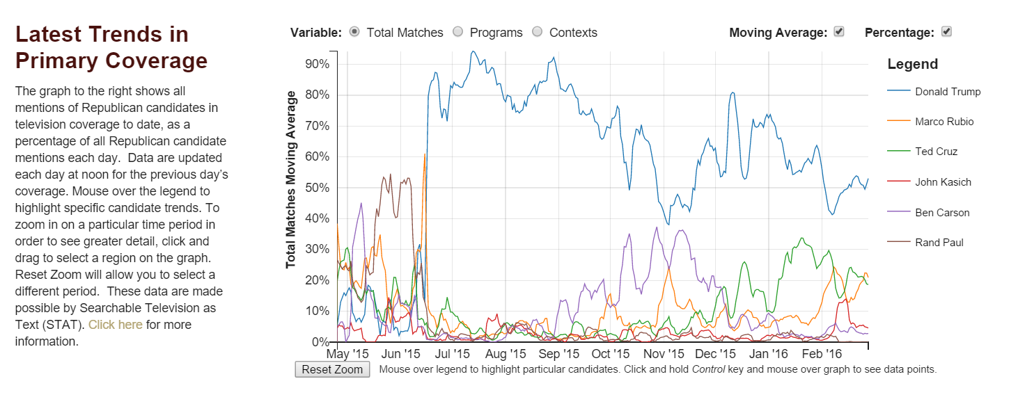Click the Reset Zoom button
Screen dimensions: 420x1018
click(332, 369)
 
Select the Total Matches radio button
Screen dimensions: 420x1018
click(354, 32)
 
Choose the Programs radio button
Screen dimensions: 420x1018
click(457, 32)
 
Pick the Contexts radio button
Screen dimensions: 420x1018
click(537, 32)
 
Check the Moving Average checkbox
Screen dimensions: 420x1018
click(839, 32)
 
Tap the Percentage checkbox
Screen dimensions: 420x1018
click(946, 32)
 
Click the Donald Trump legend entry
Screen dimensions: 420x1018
click(948, 92)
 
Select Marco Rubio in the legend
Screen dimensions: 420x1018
click(944, 122)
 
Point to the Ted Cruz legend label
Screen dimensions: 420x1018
click(936, 152)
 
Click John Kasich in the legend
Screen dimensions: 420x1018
click(943, 182)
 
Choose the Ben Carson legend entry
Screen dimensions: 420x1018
click(942, 213)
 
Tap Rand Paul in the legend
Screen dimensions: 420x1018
click(939, 243)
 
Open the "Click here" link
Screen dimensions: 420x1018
click(115, 325)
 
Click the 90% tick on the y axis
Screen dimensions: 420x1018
click(317, 64)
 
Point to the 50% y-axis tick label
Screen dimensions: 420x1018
click(317, 188)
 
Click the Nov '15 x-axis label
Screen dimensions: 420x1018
click(664, 354)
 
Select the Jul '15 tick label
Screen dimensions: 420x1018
click(452, 354)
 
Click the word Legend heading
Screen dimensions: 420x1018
click(912, 65)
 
